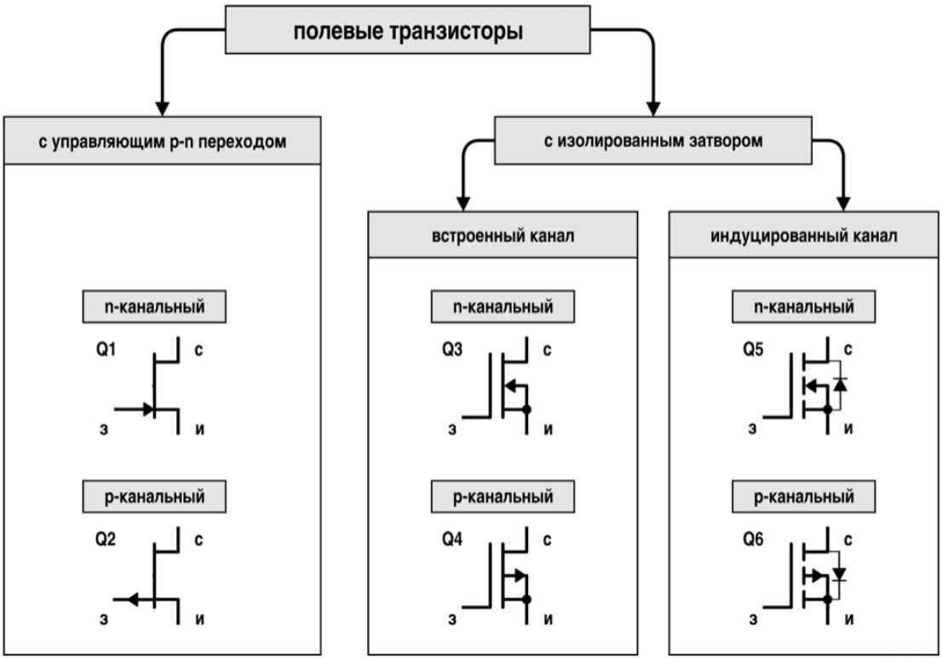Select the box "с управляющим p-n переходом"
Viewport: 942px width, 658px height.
click(x=162, y=141)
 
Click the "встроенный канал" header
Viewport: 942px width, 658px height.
click(x=503, y=236)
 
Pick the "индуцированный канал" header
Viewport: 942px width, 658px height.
click(x=803, y=236)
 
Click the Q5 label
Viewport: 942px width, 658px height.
click(x=753, y=350)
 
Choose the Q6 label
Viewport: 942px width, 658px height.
click(x=753, y=540)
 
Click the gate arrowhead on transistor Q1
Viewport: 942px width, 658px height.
click(x=148, y=409)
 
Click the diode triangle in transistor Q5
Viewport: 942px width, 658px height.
click(x=841, y=384)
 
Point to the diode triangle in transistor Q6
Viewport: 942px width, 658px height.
click(x=841, y=575)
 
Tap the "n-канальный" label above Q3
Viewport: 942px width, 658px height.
click(x=503, y=307)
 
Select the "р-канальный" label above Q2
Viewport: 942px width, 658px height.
click(x=154, y=496)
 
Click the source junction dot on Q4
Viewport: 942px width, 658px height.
click(x=527, y=599)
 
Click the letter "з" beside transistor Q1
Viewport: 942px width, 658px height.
click(x=103, y=429)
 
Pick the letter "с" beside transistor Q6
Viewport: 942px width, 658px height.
click(x=847, y=540)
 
